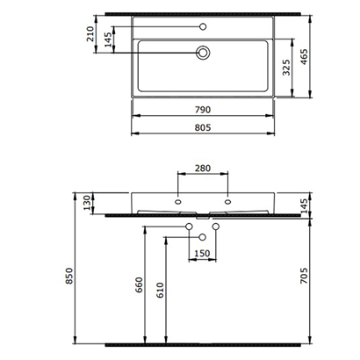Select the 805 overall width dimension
tap(203, 128)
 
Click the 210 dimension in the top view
tap(90, 34)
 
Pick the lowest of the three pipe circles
tap(203, 237)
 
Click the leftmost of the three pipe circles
tap(190, 228)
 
